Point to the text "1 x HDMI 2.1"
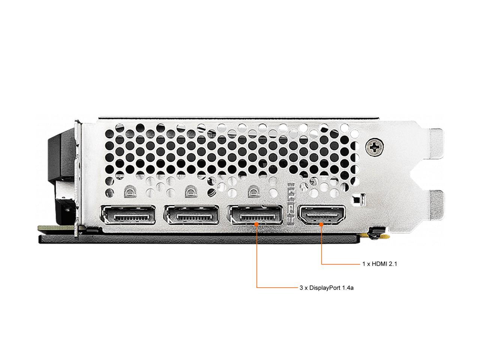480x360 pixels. tap(379, 264)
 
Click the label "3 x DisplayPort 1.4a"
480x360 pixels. tap(327, 288)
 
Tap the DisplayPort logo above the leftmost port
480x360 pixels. tap(129, 192)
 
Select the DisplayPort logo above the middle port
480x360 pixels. tap(190, 192)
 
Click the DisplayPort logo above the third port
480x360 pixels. tap(253, 192)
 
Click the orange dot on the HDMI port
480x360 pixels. tap(321, 224)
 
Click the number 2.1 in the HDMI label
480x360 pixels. tap(393, 264)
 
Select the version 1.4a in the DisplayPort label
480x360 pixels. tap(348, 288)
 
